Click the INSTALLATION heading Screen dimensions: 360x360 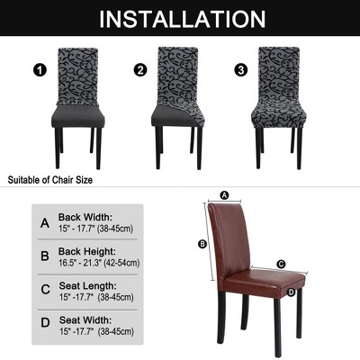182,19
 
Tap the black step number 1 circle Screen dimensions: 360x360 40,71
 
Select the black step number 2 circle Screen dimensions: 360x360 140,70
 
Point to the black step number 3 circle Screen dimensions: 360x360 241,70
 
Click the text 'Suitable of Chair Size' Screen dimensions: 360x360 50,180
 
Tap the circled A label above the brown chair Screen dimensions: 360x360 224,195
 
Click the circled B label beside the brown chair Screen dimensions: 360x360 202,244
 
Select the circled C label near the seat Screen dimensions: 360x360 281,265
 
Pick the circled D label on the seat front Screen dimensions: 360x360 291,292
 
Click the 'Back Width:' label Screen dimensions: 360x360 85,217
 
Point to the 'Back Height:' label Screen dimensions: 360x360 87,251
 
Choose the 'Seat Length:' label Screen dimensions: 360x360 87,285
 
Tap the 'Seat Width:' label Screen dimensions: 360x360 85,319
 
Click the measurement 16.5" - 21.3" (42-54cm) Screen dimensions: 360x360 99,263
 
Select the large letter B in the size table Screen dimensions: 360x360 45,256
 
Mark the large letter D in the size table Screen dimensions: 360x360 45,322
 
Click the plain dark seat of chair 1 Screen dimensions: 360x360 78,115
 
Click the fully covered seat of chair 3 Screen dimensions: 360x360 279,115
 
